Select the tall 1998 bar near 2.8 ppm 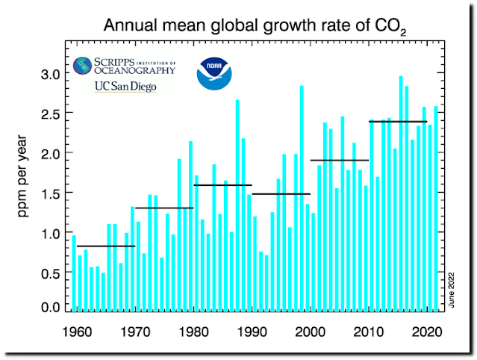tap(302, 198)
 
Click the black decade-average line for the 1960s tap(105, 246)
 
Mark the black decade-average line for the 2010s tap(398, 121)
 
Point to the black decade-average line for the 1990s tap(281, 194)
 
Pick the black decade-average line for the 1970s tap(163, 208)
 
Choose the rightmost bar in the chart tap(436, 208)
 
